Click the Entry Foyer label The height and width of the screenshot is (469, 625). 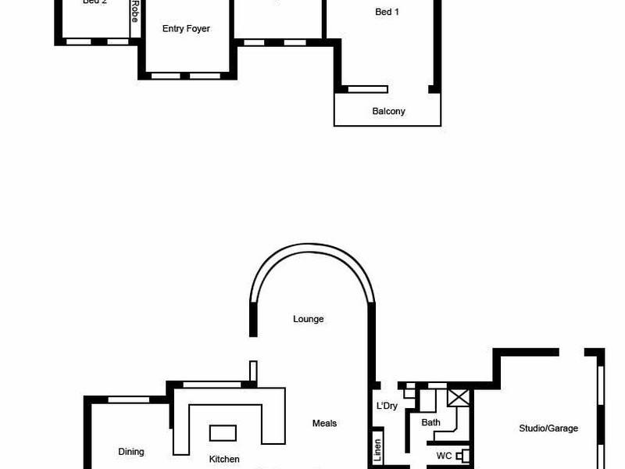(186, 29)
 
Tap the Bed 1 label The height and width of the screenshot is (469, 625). (387, 12)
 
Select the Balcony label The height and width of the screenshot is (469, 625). (388, 111)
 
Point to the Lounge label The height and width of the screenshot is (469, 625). (308, 319)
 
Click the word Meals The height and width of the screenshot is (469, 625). (324, 423)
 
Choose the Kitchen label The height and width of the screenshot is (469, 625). (224, 459)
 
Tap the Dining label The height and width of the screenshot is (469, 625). (131, 451)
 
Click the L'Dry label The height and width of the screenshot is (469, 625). (387, 406)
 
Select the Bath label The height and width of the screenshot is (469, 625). (430, 422)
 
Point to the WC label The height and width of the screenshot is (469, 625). (444, 455)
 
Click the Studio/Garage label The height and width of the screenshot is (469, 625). (548, 428)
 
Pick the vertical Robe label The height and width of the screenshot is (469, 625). (134, 10)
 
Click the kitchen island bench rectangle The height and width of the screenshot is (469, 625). (223, 432)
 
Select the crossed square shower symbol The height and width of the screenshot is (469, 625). (458, 396)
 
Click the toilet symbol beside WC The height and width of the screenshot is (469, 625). (465, 455)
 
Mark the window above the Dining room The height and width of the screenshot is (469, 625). (128, 400)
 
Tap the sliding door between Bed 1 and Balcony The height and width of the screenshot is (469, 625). (367, 89)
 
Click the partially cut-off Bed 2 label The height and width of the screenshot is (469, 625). (95, 2)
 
